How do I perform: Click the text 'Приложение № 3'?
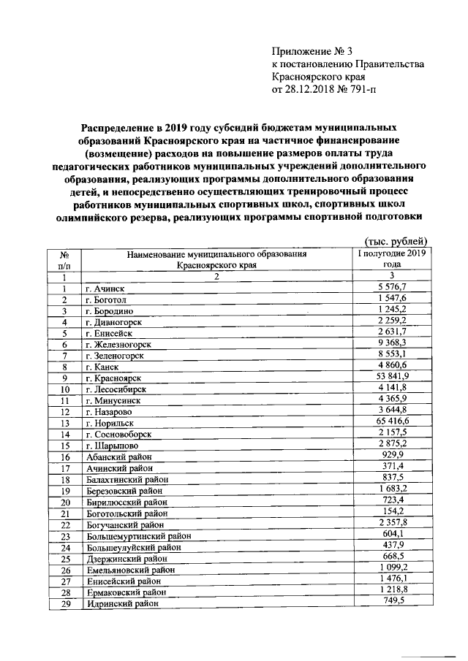pos(312,51)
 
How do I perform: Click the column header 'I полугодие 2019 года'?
pos(396,259)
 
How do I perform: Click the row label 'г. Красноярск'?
pos(113,378)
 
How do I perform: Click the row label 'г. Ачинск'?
pos(105,289)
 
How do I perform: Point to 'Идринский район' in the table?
pos(121,604)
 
